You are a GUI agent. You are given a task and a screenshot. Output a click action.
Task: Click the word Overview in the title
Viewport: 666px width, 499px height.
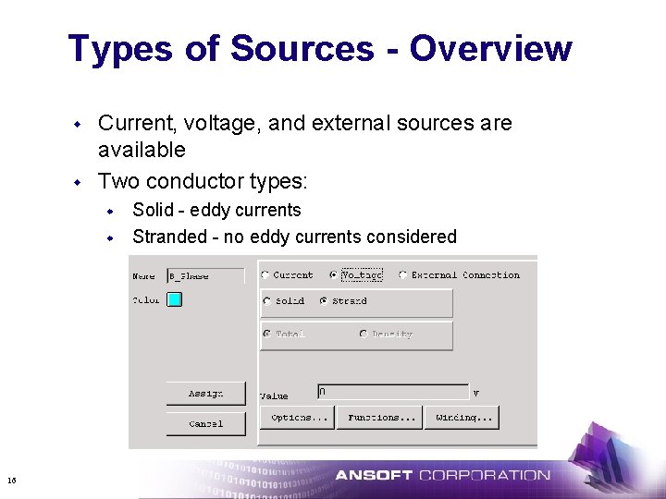pyautogui.click(x=490, y=48)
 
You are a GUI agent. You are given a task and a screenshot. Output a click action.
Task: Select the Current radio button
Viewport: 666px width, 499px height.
pyautogui.click(x=265, y=274)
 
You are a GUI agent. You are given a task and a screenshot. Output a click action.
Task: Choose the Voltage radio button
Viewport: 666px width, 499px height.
pyautogui.click(x=334, y=274)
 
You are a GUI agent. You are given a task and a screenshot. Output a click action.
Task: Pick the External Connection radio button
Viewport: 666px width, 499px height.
pyautogui.click(x=403, y=274)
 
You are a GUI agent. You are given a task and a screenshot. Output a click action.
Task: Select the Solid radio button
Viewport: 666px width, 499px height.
pyautogui.click(x=266, y=300)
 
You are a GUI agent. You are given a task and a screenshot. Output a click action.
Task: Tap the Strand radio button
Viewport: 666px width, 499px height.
pyautogui.click(x=323, y=300)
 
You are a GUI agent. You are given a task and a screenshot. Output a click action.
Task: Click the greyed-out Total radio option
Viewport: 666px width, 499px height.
pyautogui.click(x=266, y=334)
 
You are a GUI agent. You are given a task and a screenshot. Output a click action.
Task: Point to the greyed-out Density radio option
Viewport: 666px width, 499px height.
pyautogui.click(x=363, y=334)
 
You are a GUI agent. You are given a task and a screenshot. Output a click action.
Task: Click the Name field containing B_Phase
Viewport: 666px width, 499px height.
pyautogui.click(x=204, y=275)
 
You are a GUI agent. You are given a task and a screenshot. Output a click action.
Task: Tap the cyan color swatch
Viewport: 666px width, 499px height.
pyautogui.click(x=174, y=299)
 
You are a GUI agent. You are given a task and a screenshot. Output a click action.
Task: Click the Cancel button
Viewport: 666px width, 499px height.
pyautogui.click(x=205, y=423)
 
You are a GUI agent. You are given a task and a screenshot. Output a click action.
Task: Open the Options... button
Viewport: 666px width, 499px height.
pyautogui.click(x=299, y=418)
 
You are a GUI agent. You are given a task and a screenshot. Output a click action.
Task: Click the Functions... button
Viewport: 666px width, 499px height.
pyautogui.click(x=378, y=418)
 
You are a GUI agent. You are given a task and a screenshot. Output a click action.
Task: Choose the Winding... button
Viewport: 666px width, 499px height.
pyautogui.click(x=462, y=418)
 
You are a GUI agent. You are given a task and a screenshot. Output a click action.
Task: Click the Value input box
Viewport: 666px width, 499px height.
pyautogui.click(x=392, y=392)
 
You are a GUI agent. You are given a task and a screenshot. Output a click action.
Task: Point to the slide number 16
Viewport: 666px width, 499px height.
pyautogui.click(x=11, y=480)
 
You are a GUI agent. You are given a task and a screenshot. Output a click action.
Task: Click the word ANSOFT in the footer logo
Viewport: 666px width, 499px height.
pyautogui.click(x=374, y=476)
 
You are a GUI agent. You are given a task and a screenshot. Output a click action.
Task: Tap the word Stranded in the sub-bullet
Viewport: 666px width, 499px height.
pyautogui.click(x=169, y=237)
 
